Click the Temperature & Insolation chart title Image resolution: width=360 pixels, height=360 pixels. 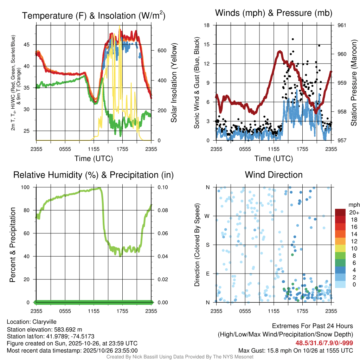pos(94,15)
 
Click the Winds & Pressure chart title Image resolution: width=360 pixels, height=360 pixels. pos(274,13)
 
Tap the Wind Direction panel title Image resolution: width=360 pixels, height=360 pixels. pos(274,175)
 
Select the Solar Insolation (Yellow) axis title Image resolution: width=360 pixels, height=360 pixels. pos(174,83)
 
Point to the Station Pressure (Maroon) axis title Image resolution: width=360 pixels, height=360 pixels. pos(354,83)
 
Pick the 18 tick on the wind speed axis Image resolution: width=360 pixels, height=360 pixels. pos(207,25)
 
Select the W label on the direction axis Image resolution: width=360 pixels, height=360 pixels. pos(208,216)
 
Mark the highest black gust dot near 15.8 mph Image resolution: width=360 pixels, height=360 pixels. pos(293,39)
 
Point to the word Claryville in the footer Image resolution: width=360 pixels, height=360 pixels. pos(44,322)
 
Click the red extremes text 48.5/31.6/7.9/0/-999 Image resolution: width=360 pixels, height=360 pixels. pos(324,343)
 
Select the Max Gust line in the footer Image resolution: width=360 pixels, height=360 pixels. pos(295,350)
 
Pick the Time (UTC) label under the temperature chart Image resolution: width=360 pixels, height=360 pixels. pos(94,159)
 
